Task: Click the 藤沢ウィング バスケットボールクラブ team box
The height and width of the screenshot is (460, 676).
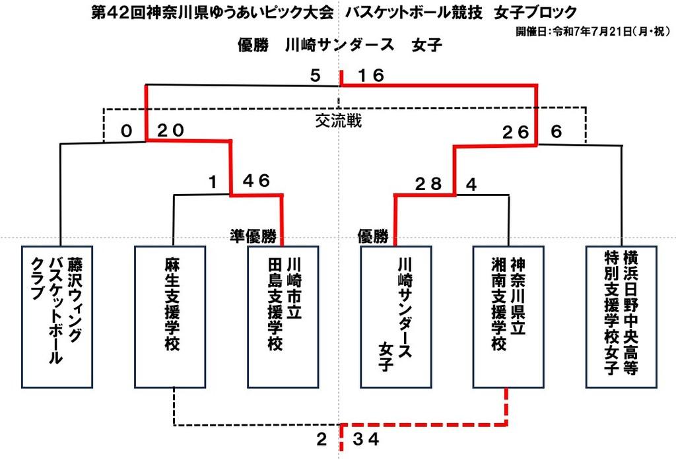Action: click(57, 317)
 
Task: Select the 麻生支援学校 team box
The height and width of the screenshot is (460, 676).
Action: click(170, 317)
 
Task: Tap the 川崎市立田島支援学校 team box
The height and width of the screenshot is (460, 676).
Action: click(283, 317)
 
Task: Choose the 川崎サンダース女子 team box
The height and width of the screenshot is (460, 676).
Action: click(396, 317)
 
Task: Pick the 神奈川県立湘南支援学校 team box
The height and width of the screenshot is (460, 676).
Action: click(508, 317)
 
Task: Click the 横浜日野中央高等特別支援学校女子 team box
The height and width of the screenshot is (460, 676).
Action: click(621, 317)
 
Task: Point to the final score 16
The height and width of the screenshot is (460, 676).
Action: click(371, 75)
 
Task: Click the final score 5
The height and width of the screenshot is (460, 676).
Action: click(316, 75)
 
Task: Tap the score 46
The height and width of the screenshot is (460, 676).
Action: click(256, 181)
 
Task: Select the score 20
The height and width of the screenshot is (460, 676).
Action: click(171, 130)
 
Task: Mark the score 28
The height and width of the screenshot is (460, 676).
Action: click(428, 184)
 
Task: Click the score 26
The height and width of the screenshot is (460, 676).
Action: click(516, 133)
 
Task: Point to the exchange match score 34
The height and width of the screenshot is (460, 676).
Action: click(366, 440)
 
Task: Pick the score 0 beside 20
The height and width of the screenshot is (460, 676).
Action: click(126, 131)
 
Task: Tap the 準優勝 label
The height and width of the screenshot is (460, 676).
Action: click(253, 236)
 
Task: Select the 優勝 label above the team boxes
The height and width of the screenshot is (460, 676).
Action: click(372, 236)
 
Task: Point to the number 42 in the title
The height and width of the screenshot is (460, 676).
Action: click(118, 12)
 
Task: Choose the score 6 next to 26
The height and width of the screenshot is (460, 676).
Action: click(556, 132)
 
